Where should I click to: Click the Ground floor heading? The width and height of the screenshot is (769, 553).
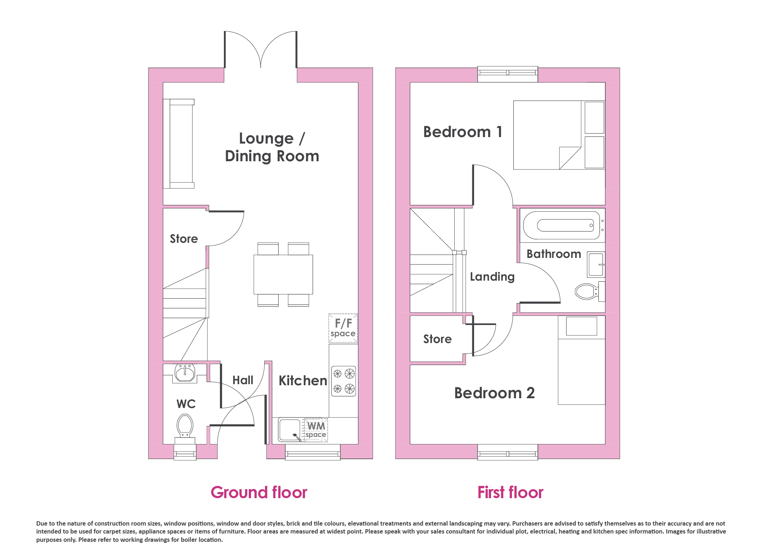point(259,492)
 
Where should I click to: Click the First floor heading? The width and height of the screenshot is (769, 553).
point(510,492)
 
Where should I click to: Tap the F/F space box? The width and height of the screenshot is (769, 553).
point(343,328)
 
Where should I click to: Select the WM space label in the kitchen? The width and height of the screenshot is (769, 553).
point(316,429)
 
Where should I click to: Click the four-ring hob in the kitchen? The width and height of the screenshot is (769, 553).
point(344,381)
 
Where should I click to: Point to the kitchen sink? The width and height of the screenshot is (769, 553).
point(290,430)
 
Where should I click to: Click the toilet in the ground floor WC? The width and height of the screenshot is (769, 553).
point(185,429)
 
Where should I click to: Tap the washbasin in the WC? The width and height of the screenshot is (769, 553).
point(185,373)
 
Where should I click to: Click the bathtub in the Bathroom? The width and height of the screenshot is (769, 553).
point(562,225)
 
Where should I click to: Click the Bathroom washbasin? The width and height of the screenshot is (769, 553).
point(596,264)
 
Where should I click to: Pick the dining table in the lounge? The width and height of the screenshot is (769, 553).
point(283,275)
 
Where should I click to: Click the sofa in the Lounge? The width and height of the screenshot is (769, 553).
point(179,144)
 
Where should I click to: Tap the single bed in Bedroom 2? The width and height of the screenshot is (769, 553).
point(581,360)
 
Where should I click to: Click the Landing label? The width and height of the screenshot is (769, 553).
point(492,277)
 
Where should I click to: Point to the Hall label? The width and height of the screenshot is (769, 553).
point(243,380)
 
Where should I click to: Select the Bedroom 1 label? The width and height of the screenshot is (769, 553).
point(463,132)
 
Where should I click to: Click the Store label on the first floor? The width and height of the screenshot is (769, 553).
point(437,339)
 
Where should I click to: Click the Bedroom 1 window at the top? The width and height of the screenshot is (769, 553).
point(508,74)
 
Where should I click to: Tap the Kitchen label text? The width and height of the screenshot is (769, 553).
point(303,381)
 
